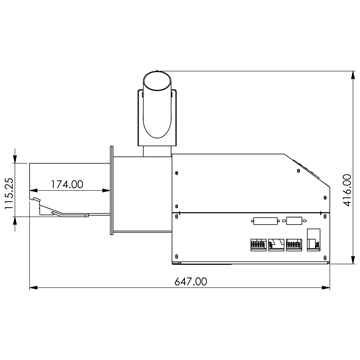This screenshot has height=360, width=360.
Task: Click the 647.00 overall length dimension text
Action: click(x=191, y=282)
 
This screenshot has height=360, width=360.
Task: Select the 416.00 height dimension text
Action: click(x=347, y=190)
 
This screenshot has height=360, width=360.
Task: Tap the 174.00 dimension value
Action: click(x=67, y=184)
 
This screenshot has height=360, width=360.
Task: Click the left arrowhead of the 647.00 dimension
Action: click(x=33, y=287)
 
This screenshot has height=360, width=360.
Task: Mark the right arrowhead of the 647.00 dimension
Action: click(x=326, y=287)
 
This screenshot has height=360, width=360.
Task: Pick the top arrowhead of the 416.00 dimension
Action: click(x=353, y=75)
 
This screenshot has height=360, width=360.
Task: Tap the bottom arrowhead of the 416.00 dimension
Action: click(x=353, y=260)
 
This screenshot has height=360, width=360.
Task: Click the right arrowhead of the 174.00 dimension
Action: click(x=106, y=190)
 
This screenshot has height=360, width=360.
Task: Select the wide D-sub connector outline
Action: click(x=265, y=221)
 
